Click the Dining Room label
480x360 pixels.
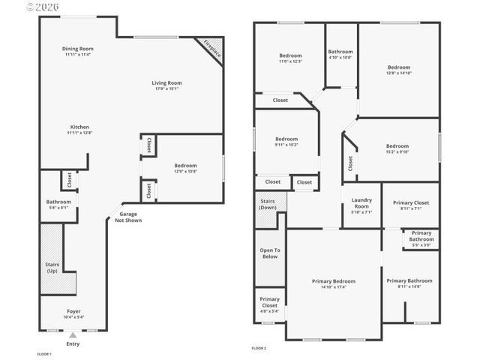(x=78, y=49)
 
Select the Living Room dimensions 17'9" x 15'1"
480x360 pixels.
(x=166, y=89)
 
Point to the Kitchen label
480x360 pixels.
(x=79, y=127)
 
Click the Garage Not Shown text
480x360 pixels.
(x=128, y=217)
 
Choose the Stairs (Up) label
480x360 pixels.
(x=51, y=267)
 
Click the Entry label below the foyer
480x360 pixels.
(x=73, y=344)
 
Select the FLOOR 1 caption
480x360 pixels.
(x=44, y=353)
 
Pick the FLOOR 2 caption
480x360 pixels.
(x=259, y=348)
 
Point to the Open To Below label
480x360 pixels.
(x=269, y=253)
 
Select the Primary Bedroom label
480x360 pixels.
(x=334, y=281)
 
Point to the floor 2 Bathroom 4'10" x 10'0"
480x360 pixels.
(x=340, y=57)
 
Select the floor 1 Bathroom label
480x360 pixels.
(x=58, y=202)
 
